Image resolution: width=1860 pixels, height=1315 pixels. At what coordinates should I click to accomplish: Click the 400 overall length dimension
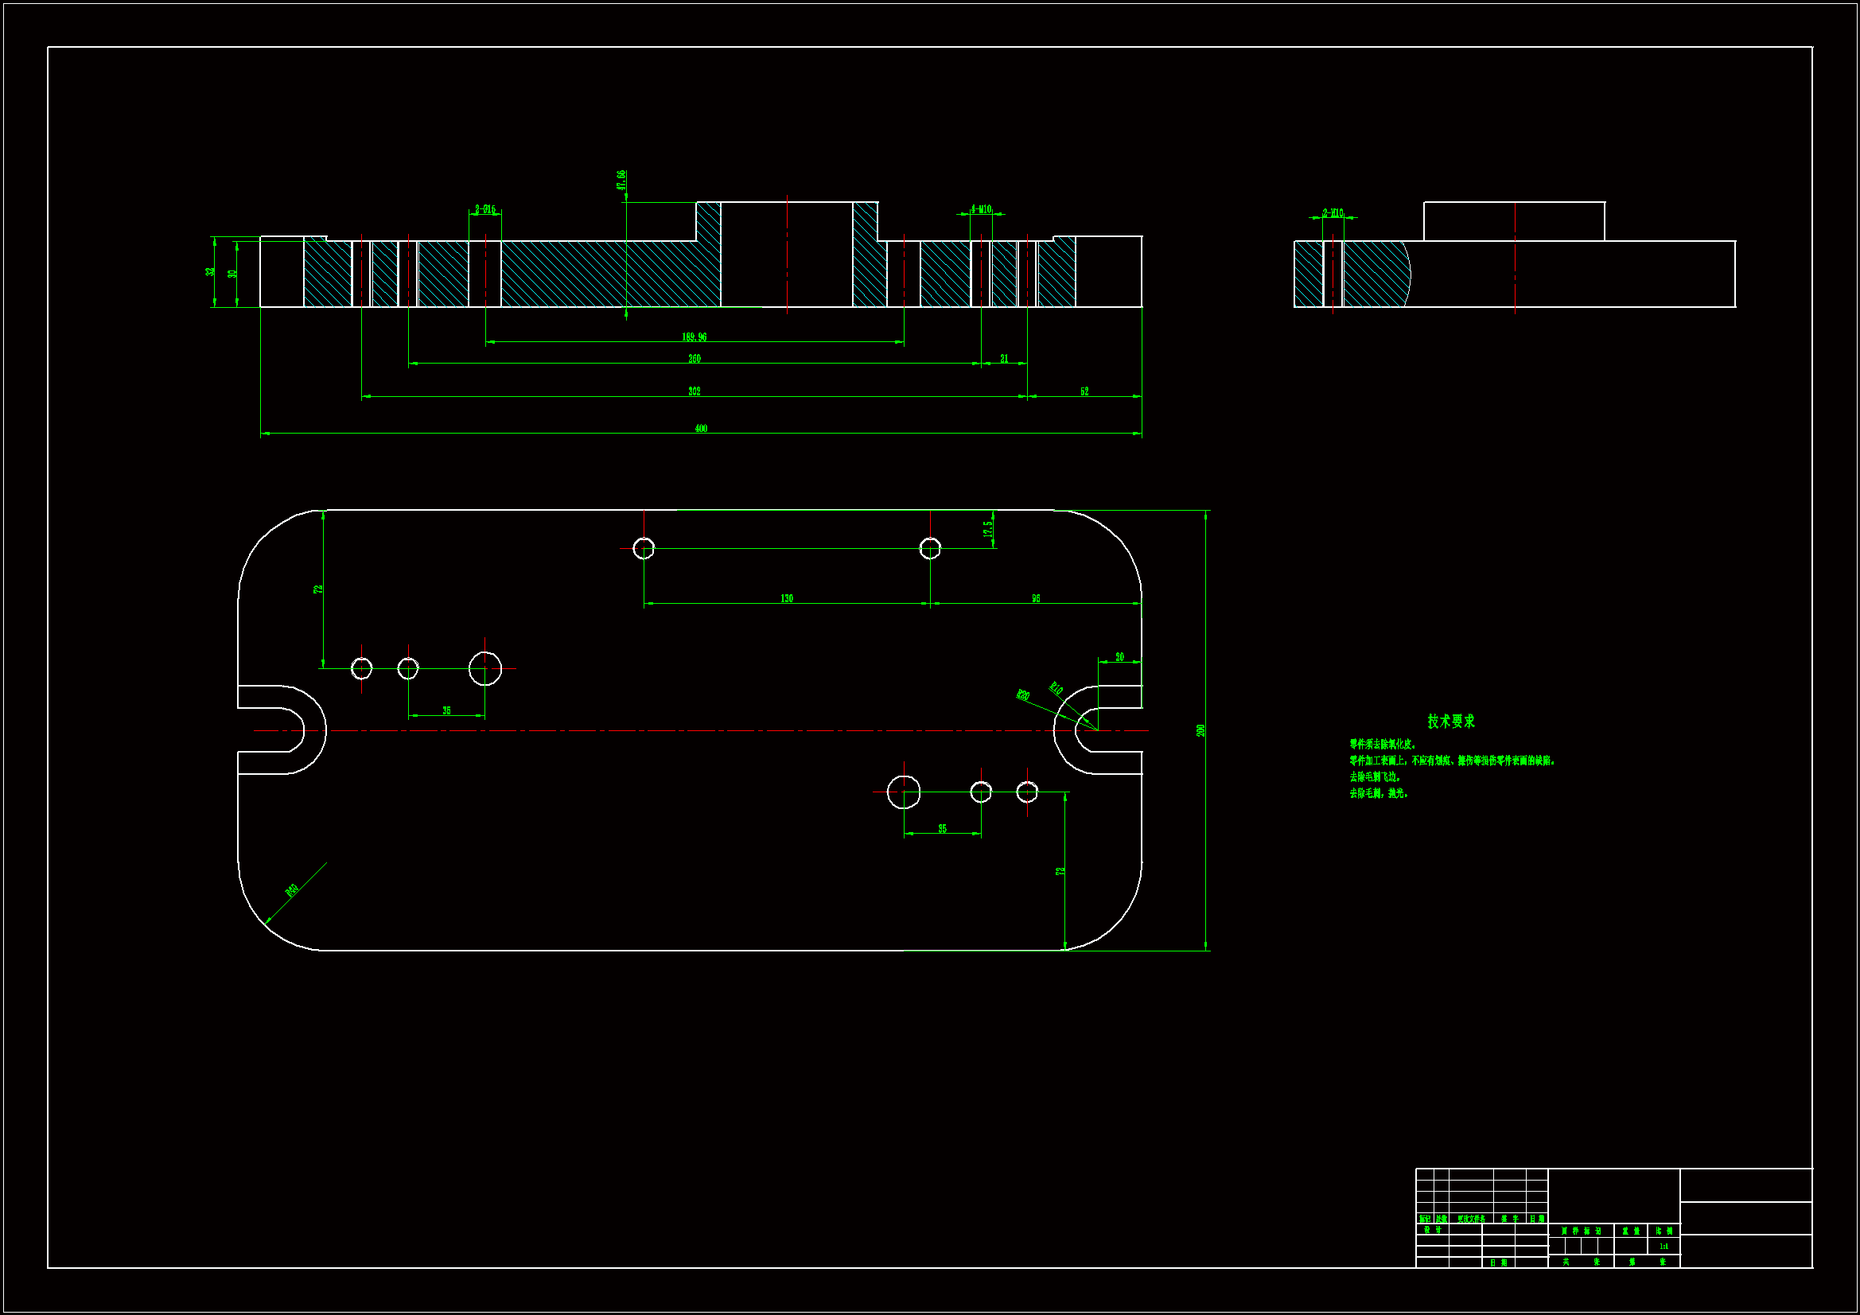tap(701, 428)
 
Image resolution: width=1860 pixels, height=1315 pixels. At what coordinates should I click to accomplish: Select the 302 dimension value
tap(695, 391)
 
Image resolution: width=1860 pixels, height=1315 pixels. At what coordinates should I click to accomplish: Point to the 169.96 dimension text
tap(695, 337)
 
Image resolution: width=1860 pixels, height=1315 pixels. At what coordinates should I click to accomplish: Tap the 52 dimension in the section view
tap(1084, 391)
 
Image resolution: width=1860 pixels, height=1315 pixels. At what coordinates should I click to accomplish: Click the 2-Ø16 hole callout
tap(485, 209)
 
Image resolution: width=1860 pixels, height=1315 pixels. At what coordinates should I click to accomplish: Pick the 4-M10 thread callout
tap(981, 209)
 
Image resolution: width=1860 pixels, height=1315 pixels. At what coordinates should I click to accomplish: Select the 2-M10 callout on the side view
tap(1333, 213)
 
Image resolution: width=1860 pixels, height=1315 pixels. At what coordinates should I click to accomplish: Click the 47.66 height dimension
tap(621, 180)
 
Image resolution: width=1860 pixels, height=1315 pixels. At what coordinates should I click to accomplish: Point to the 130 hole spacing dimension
tap(787, 598)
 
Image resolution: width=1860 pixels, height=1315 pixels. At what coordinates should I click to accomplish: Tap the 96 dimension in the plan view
tap(1035, 598)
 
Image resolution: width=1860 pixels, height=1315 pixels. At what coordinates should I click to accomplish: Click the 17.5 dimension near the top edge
tap(987, 528)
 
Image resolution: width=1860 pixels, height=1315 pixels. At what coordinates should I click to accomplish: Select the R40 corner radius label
tap(293, 890)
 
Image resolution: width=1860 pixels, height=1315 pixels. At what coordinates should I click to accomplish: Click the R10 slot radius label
tap(1056, 689)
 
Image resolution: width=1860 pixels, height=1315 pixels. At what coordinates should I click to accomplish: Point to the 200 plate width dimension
tap(1200, 730)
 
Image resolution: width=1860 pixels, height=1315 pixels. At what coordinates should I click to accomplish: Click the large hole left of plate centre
tap(484, 668)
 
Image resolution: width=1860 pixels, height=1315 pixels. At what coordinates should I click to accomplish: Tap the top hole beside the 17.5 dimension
tap(930, 549)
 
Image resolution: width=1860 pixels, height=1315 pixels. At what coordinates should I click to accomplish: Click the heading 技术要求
tap(1451, 721)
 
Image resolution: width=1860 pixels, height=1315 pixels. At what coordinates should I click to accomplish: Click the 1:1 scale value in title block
tap(1664, 1246)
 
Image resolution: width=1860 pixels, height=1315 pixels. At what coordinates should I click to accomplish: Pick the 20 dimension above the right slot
tap(1119, 657)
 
